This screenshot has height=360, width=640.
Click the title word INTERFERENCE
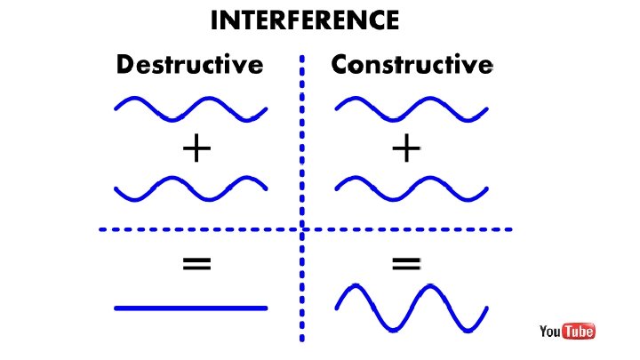304,20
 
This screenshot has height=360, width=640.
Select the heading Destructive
189,65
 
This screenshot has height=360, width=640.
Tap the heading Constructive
411,65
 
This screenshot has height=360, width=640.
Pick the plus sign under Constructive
405,148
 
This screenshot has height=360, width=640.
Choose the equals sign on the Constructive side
405,262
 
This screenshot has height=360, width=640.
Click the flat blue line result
191,308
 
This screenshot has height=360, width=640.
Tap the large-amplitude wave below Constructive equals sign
411,308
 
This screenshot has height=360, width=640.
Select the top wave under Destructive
191,108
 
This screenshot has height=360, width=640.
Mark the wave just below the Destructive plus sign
191,188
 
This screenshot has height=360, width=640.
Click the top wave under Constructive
411,108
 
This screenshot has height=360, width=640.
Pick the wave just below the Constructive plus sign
411,188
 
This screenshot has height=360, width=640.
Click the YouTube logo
566,332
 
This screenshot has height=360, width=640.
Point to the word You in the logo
550,332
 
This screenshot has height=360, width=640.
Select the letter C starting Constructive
340,65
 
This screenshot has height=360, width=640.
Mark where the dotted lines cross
302,229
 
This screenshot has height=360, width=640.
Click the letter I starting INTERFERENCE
213,20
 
